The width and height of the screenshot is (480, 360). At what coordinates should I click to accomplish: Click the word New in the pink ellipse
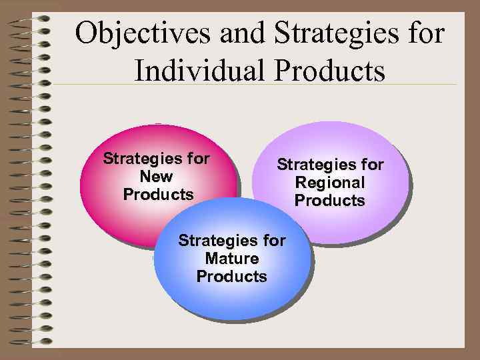tap(157, 177)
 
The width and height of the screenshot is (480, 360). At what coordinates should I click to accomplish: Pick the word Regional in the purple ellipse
tap(330, 183)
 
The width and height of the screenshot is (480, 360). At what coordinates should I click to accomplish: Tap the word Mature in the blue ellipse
tap(231, 258)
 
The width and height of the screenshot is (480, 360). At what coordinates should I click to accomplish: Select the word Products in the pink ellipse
tap(158, 195)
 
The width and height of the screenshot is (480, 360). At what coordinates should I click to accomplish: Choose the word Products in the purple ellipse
tap(330, 201)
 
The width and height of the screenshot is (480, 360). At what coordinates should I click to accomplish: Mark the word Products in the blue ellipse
tap(231, 276)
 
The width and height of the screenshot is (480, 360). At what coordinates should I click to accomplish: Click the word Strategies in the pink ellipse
tap(142, 159)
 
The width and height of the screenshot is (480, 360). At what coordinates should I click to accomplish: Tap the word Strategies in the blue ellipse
tap(217, 240)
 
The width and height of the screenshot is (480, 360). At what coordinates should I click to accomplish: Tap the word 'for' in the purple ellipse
tap(372, 164)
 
